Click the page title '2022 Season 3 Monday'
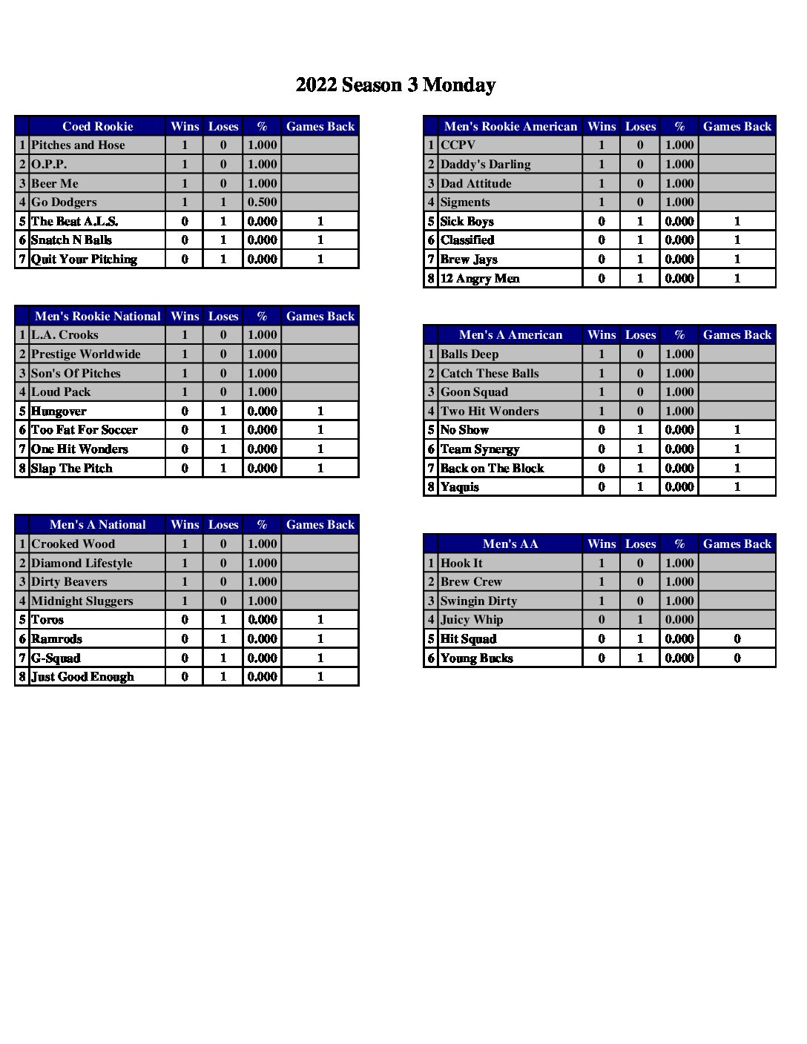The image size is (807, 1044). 395,85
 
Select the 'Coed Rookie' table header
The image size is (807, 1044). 97,127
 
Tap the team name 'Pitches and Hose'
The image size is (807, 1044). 78,145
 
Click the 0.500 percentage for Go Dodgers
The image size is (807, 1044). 262,202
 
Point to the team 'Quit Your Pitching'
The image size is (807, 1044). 84,260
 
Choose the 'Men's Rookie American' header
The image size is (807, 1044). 510,127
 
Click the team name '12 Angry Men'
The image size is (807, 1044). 480,279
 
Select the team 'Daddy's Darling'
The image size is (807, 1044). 485,165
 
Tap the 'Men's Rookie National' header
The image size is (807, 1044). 97,317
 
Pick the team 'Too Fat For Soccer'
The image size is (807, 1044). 84,430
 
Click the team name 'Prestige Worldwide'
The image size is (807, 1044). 85,354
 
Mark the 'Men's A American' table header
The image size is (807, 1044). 510,335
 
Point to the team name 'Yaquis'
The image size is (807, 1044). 460,487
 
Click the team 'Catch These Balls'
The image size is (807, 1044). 490,374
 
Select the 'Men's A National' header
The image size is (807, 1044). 97,525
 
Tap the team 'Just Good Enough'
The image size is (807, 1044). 82,677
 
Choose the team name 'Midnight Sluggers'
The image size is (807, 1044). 82,601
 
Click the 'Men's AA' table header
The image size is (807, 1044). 510,544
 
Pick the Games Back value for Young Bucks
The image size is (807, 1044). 737,658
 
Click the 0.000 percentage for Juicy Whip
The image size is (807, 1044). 679,620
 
